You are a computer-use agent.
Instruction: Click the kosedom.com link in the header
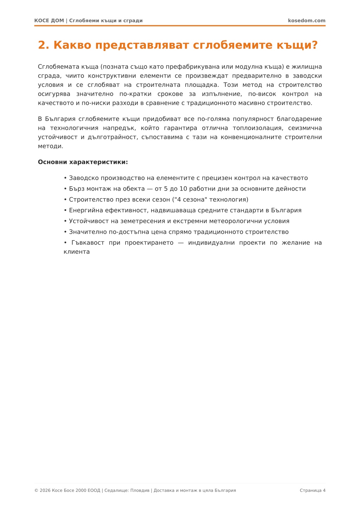click(x=307, y=20)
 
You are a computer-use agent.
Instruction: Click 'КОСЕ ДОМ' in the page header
click(x=49, y=20)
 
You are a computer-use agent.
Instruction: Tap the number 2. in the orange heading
click(x=44, y=45)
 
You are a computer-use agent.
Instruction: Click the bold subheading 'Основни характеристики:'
click(x=83, y=162)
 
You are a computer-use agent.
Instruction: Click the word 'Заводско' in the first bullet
click(x=84, y=178)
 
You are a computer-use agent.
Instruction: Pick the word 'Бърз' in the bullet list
click(x=76, y=189)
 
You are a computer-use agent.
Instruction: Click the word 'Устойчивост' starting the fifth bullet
click(x=88, y=221)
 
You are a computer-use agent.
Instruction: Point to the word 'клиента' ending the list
click(x=77, y=252)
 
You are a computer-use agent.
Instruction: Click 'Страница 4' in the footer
click(x=313, y=490)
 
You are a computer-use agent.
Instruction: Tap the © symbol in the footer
click(x=36, y=490)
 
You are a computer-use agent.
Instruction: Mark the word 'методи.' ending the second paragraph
click(x=51, y=146)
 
